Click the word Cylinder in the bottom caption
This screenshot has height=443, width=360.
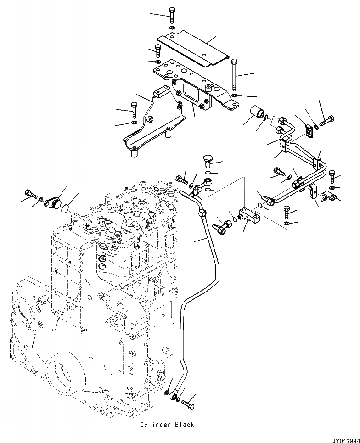(x=157, y=425)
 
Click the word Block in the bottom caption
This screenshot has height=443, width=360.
(x=185, y=425)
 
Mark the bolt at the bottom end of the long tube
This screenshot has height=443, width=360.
(x=188, y=404)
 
